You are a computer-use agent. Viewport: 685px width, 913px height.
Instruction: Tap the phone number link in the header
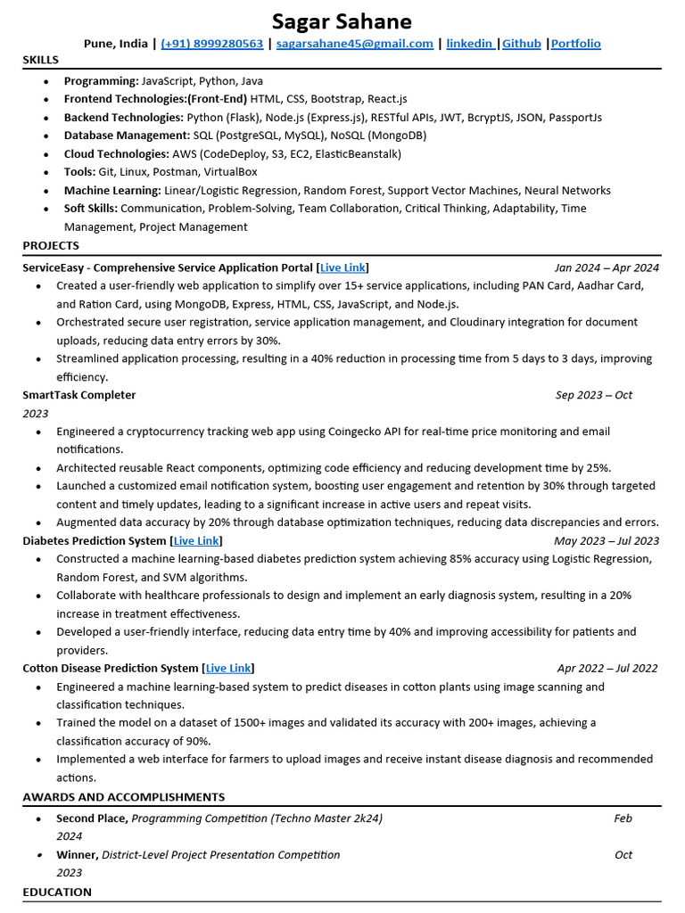coord(211,43)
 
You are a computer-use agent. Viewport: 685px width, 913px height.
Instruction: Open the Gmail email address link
coord(354,43)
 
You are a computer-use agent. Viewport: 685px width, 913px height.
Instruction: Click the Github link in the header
coord(521,43)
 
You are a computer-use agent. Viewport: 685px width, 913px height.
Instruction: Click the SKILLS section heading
coord(41,60)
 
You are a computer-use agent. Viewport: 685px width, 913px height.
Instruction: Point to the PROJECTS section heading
coord(51,245)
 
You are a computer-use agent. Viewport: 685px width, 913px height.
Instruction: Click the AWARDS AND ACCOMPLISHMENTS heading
coord(124,796)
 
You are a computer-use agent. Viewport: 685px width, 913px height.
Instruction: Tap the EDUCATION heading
coord(57,892)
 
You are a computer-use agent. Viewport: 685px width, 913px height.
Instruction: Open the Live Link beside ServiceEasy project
coord(342,267)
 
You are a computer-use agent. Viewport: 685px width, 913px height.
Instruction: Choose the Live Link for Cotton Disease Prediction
coord(227,668)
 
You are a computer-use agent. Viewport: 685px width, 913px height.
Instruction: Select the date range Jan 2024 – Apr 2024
coord(607,267)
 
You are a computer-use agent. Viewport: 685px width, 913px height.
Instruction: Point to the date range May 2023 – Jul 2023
coord(607,540)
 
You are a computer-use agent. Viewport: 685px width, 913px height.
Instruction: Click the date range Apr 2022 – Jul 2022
coord(607,668)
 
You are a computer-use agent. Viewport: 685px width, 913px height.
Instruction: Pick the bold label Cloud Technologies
coord(117,153)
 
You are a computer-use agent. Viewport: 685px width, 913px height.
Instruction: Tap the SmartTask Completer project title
coord(79,394)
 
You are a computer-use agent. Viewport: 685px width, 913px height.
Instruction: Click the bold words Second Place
coord(92,818)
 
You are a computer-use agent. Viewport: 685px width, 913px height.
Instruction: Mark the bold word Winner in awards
coord(78,854)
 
